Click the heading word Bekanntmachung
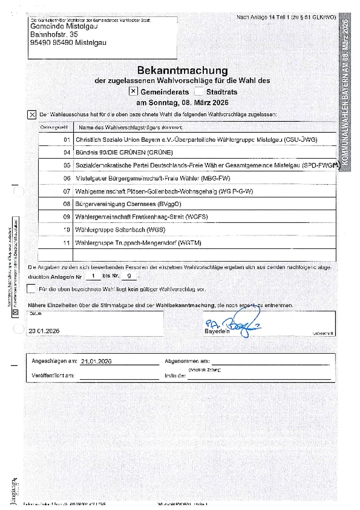(182, 70)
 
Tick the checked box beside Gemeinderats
(134, 91)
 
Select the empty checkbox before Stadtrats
(199, 92)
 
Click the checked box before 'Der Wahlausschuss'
(32, 115)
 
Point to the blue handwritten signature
(245, 324)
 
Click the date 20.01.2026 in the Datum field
(44, 331)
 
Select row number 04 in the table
(67, 153)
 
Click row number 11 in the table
(67, 242)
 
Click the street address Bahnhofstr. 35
(52, 35)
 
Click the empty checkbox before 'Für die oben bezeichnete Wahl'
(31, 289)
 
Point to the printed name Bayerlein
(217, 331)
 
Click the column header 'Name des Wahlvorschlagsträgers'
(130, 127)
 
